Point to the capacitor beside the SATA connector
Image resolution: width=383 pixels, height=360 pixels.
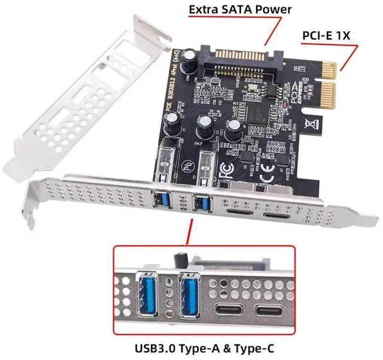(x=190, y=58)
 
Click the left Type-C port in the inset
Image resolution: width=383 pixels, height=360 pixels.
(x=229, y=311)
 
